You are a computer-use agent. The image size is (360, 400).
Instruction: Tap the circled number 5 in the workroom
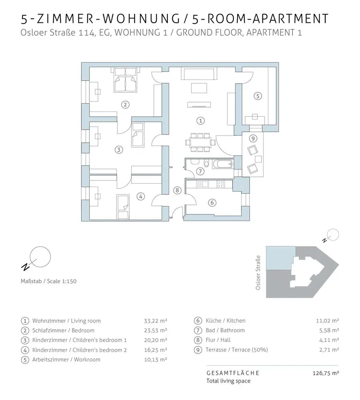click(x=258, y=96)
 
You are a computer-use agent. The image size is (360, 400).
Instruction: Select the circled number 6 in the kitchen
click(x=212, y=202)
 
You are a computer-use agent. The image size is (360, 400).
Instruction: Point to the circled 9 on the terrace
click(x=252, y=138)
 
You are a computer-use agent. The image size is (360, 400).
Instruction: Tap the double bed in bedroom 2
click(x=126, y=81)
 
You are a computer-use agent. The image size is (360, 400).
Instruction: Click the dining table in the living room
click(x=199, y=142)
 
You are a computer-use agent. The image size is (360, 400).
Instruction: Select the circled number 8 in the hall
click(x=177, y=190)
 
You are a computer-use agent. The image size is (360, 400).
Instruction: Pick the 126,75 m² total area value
click(x=326, y=373)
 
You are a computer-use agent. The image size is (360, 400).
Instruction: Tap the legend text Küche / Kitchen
click(x=225, y=321)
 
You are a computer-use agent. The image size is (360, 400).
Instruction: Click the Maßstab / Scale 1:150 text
click(x=48, y=281)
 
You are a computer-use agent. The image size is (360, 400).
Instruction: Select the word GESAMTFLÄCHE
click(x=233, y=373)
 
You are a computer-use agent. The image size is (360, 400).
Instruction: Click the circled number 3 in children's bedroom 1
click(x=118, y=150)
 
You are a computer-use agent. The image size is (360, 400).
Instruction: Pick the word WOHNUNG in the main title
click(x=139, y=19)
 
